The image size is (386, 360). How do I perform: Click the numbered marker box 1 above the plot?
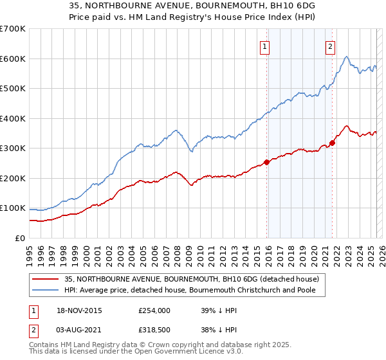[x=265, y=46]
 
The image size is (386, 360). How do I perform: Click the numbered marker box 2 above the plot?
[x=330, y=46]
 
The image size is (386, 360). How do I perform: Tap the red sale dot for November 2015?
[x=266, y=162]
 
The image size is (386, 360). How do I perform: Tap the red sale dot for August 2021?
[x=333, y=143]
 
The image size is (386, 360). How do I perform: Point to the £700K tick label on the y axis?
[x=12, y=29]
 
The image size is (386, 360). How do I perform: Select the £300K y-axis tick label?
[x=12, y=148]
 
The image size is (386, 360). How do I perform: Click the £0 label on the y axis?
[x=21, y=238]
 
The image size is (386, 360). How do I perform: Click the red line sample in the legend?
[x=46, y=278]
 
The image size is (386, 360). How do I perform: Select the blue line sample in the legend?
[x=46, y=291]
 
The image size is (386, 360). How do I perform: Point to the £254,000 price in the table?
[x=154, y=310]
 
